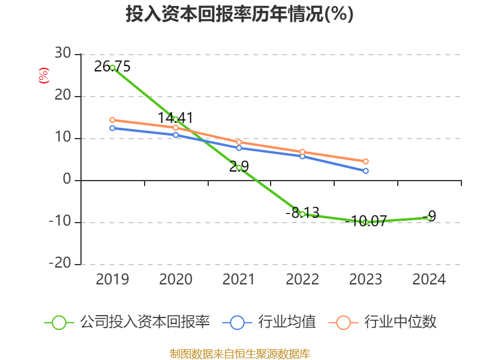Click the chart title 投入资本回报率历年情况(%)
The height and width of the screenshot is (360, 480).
click(x=239, y=14)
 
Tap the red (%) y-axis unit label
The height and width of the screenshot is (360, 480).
click(x=43, y=76)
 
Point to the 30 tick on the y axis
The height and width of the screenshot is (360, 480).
click(x=63, y=54)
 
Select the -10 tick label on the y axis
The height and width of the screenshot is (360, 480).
click(x=60, y=222)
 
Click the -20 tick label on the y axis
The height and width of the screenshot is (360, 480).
click(x=60, y=264)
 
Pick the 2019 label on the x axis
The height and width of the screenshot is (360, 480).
click(x=112, y=280)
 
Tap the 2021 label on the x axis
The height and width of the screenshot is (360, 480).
click(x=239, y=280)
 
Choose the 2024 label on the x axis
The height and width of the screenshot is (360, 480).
click(x=429, y=280)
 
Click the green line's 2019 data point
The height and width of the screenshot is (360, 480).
click(x=112, y=68)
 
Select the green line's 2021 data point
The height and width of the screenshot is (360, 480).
click(x=239, y=168)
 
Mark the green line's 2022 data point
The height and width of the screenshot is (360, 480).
click(x=302, y=214)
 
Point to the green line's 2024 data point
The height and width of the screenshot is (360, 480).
click(x=429, y=218)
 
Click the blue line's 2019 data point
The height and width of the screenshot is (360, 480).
click(x=112, y=128)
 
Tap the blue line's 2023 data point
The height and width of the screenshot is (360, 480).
click(x=366, y=171)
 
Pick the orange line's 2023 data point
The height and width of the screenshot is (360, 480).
click(x=366, y=161)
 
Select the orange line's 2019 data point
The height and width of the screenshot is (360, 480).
click(x=112, y=120)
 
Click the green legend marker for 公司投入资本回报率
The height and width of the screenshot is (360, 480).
click(x=59, y=322)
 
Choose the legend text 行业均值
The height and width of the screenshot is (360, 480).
click(x=287, y=322)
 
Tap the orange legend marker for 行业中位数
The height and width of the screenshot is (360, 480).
click(x=343, y=322)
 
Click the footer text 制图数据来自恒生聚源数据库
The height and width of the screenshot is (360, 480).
click(x=239, y=353)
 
